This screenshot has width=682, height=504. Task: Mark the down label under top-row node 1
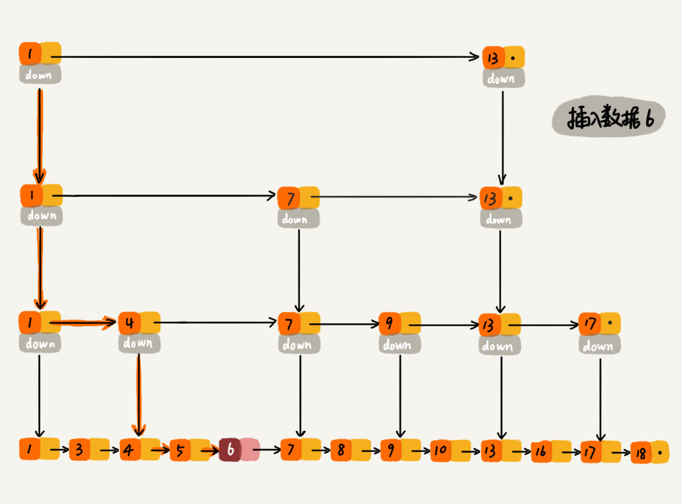(x=39, y=75)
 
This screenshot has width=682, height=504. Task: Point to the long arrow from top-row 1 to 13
(x=269, y=57)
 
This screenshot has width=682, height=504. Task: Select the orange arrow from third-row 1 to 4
(x=84, y=324)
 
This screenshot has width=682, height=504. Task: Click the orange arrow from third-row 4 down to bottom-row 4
(x=139, y=394)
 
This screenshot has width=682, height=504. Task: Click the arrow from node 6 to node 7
(x=270, y=449)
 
